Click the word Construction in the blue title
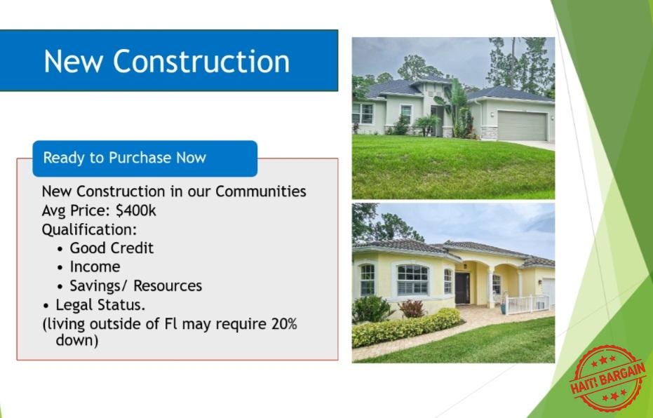(201, 61)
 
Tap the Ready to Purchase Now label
(125, 158)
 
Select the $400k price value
(136, 210)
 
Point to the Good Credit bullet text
(112, 248)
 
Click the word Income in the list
(95, 267)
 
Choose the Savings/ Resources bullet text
(136, 286)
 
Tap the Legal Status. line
(100, 305)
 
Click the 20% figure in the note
(284, 323)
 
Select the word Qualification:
(89, 230)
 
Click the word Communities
(261, 191)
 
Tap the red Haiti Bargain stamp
(607, 378)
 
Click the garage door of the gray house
(522, 126)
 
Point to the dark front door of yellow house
(462, 288)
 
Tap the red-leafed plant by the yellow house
(412, 309)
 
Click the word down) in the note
(77, 341)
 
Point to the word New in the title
(73, 61)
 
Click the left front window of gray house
(363, 113)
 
